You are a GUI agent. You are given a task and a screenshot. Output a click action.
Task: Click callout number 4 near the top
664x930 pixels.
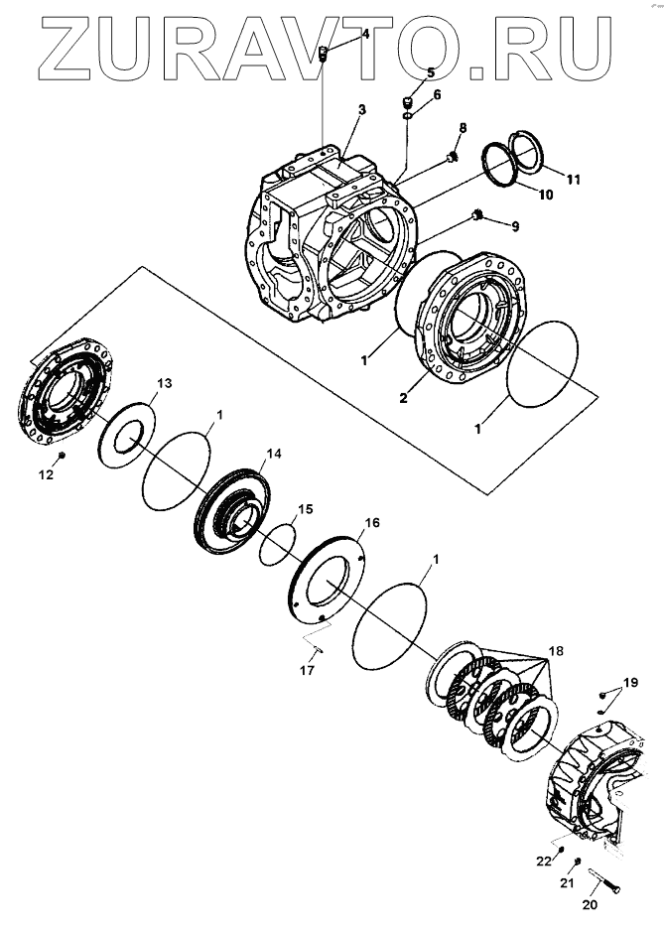[x=364, y=34]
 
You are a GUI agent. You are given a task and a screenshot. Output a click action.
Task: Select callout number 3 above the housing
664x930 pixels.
[x=361, y=109]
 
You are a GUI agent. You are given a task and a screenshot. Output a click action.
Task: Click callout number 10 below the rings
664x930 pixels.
[x=546, y=195]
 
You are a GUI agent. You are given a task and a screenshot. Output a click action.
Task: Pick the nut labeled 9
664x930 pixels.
[x=478, y=215]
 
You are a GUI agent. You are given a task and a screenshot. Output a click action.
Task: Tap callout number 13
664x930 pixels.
[x=165, y=382]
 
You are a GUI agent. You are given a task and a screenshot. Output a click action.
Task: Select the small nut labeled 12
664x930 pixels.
[x=62, y=456]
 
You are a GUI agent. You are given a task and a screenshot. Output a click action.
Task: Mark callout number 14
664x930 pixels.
[x=273, y=453]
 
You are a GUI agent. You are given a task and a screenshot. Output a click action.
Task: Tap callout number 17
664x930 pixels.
[x=308, y=671]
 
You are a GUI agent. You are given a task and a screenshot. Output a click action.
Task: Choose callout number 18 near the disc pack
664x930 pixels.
[x=554, y=651]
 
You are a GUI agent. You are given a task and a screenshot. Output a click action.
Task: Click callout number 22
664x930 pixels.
[x=544, y=861]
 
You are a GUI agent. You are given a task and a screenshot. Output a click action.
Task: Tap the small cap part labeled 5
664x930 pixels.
[x=406, y=102]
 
